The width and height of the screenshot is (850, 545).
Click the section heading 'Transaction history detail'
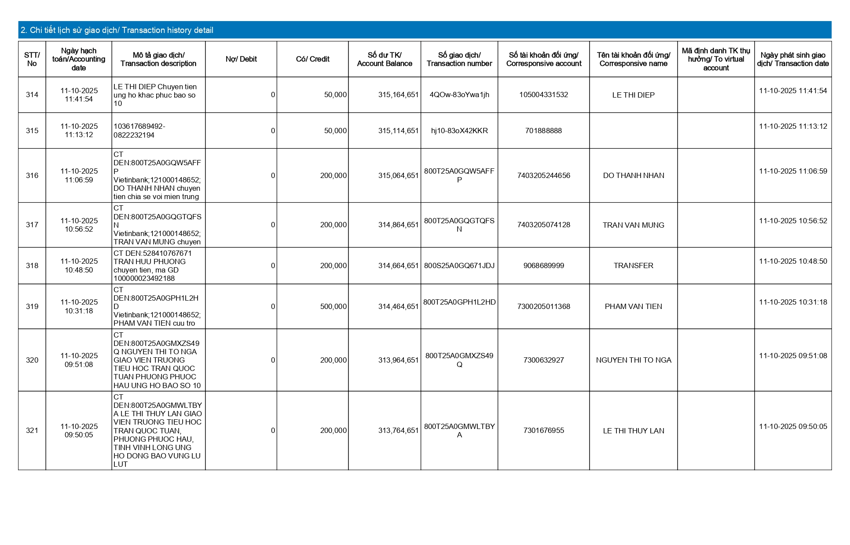click(x=117, y=30)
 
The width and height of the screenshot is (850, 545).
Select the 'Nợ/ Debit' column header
click(x=241, y=59)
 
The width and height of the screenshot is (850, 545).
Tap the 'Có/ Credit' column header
click(x=312, y=59)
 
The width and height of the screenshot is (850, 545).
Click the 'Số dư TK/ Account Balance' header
click(x=385, y=59)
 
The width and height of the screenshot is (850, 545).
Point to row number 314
click(x=32, y=95)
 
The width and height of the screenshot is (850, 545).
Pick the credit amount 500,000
click(x=333, y=307)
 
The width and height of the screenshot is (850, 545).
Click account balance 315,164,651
click(x=398, y=95)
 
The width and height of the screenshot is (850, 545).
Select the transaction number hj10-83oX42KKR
click(x=459, y=131)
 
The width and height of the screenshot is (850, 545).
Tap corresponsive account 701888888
click(x=543, y=131)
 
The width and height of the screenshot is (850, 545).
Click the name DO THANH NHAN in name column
click(x=634, y=176)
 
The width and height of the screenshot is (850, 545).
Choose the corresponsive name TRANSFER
click(x=634, y=266)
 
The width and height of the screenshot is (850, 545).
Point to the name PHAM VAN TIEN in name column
click(x=634, y=307)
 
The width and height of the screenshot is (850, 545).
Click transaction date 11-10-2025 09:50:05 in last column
click(x=793, y=427)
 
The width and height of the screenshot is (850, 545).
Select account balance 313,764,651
click(x=398, y=431)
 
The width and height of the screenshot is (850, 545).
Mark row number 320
click(x=32, y=360)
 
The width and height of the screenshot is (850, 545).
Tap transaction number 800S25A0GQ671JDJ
click(x=459, y=266)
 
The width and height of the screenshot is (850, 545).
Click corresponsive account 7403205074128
click(x=543, y=225)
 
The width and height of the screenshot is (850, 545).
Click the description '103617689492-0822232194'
click(x=139, y=131)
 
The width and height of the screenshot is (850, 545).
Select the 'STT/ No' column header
click(x=32, y=59)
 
